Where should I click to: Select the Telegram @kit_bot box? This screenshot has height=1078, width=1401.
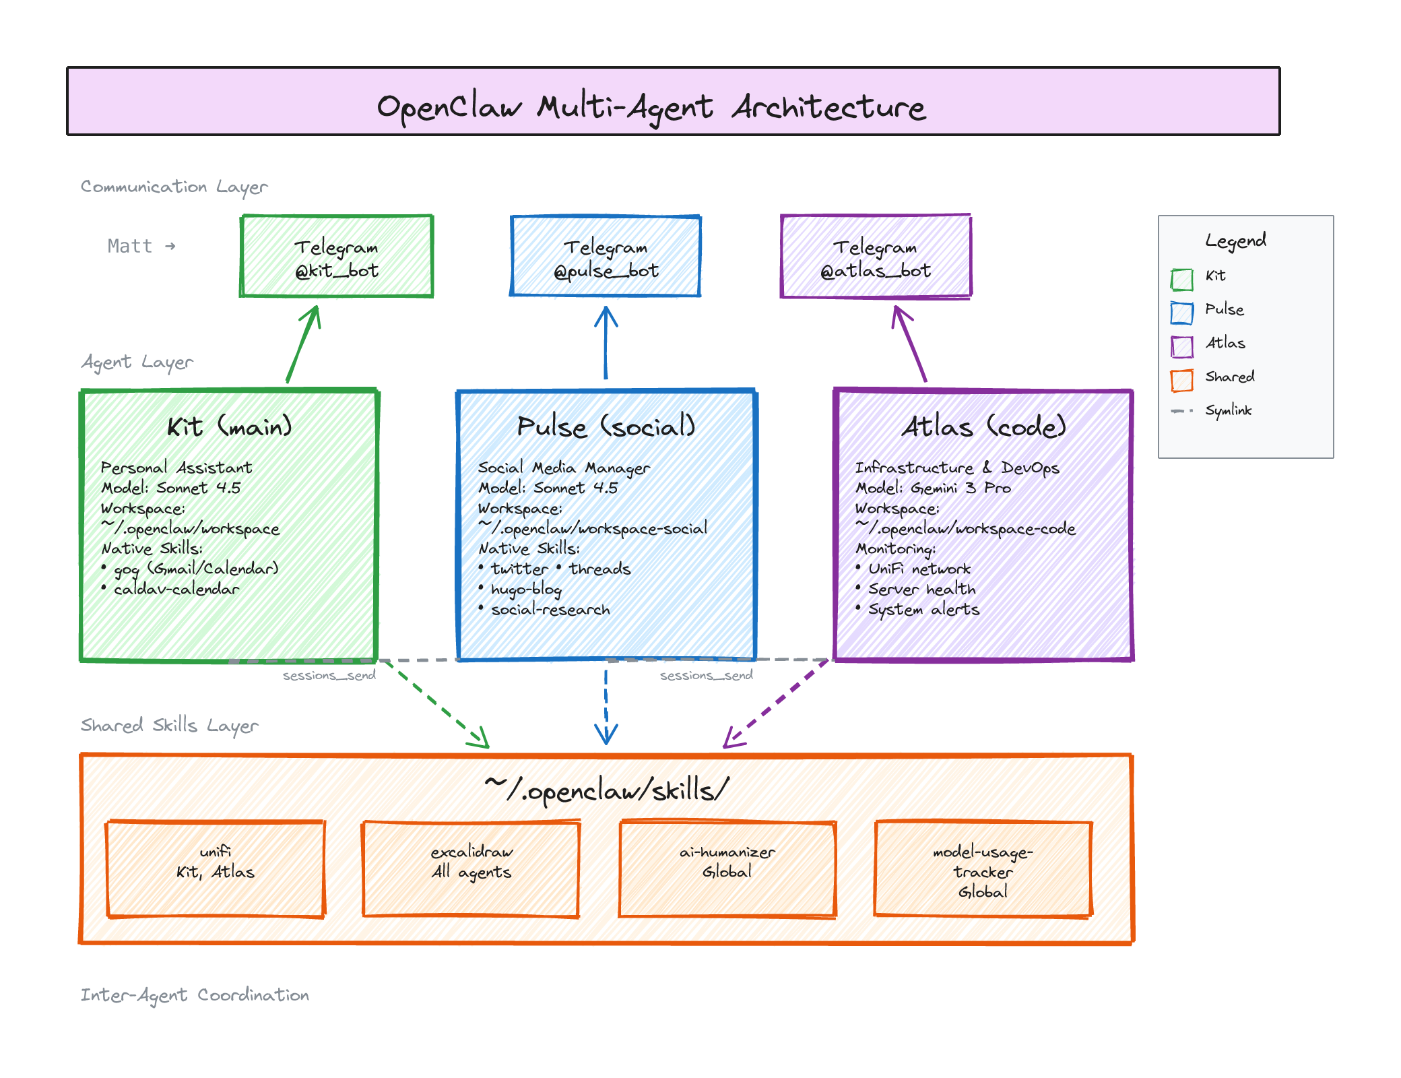pos(337,257)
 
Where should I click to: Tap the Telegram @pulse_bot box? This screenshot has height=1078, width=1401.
pos(606,257)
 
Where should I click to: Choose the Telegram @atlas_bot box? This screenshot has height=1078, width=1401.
pos(875,257)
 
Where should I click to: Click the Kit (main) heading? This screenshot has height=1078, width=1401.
pos(229,426)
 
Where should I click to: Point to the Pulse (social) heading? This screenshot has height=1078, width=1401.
pos(606,426)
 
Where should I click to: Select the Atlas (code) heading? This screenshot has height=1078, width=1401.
pos(983,426)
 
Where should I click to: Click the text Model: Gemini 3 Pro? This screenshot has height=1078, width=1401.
pos(933,488)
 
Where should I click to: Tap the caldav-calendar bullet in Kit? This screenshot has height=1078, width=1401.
pos(175,590)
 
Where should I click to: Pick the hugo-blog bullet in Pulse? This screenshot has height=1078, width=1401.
pos(525,590)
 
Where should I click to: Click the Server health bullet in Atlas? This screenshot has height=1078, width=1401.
pos(921,590)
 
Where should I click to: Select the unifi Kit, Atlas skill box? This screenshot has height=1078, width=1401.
pos(216,869)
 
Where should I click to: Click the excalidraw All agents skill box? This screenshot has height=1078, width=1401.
pos(471,869)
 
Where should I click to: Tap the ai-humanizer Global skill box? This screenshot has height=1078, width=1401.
pos(727,869)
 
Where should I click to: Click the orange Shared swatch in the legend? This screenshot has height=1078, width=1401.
pos(1181,380)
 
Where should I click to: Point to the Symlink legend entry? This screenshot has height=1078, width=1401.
pos(1227,410)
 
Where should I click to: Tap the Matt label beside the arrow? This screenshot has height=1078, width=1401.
pos(130,246)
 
